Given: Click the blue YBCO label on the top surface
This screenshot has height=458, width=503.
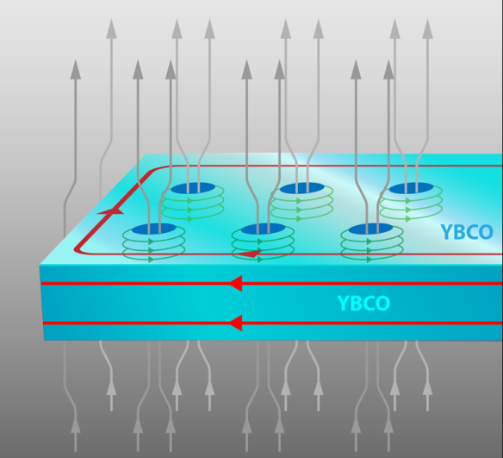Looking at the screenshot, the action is coord(467,231).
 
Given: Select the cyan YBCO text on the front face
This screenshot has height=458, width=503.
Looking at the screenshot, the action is coord(363,304).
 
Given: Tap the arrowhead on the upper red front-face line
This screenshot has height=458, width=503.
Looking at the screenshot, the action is coord(236,283).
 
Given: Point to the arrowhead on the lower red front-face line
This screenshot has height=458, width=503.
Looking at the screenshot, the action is coord(236,323).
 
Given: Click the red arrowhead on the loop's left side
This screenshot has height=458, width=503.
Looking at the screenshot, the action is coord(110,211).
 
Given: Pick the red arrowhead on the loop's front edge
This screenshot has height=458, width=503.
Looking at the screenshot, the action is coord(251,254).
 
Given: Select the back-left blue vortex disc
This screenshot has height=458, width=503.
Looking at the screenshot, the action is coord(192,188).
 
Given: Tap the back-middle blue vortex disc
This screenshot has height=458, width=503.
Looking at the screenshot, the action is coord(301,188).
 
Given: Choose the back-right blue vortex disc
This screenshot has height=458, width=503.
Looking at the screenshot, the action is coord(411,188).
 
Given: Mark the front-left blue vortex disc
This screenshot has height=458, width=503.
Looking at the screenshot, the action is coord(154,229).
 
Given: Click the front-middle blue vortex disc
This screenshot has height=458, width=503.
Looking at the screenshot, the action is coord(263,229).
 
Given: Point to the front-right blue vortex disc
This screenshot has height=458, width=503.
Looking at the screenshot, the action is coord(371,229).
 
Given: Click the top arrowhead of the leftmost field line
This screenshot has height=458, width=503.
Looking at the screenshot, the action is coord(76,69).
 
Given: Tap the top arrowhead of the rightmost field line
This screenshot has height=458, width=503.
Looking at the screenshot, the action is coord(427,29).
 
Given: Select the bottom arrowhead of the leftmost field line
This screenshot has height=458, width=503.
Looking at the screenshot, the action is coord(76,425).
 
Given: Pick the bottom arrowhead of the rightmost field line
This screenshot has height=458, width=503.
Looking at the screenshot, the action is coord(427,387).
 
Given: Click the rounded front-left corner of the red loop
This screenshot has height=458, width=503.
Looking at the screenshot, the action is coord(78,250).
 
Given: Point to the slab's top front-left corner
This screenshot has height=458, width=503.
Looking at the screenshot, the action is coord(40,265).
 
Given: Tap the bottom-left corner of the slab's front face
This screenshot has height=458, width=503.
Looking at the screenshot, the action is coord(44,341).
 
